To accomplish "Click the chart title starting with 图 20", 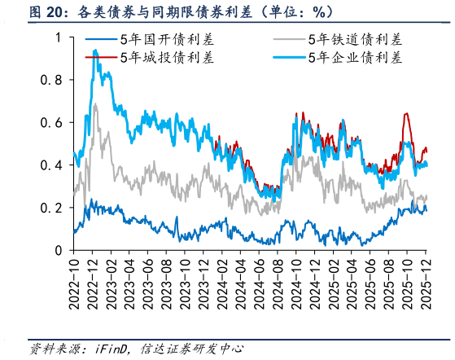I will coord(171,12).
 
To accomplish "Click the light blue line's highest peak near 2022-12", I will coord(95,50).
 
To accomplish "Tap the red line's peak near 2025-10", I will coord(405,114).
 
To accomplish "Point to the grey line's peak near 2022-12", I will coord(96,104).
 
